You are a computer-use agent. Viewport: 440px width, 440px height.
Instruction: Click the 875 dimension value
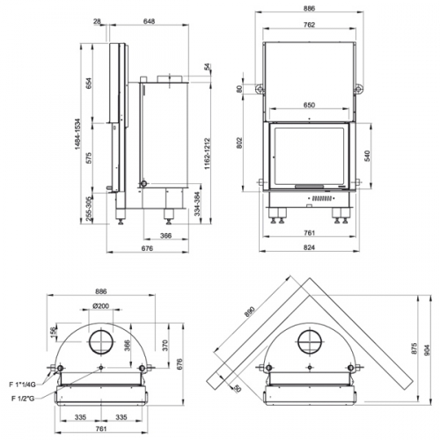tap(414, 350)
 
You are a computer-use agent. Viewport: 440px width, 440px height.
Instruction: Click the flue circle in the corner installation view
tap(310, 341)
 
